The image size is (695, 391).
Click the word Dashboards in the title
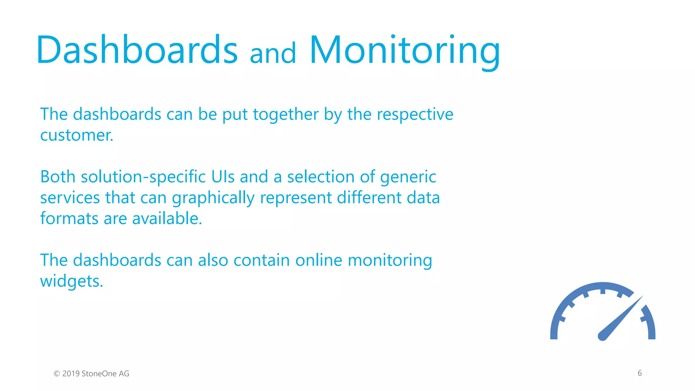137,50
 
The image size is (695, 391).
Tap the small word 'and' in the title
273,54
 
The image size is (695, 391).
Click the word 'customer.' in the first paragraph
77,135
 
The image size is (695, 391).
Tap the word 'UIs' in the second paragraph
223,177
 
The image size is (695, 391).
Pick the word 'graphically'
213,198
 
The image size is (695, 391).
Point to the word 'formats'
69,219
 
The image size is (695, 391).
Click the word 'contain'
261,261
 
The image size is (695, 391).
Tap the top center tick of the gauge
603,291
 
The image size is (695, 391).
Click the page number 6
640,373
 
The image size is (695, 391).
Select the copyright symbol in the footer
57,374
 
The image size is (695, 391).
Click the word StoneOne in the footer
99,374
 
